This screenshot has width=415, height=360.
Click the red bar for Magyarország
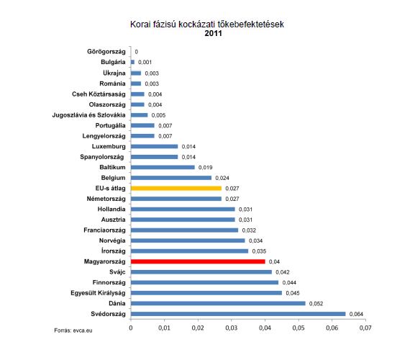pyautogui.click(x=198, y=261)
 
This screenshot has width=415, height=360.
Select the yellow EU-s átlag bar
pyautogui.click(x=176, y=189)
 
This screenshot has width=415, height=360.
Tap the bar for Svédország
pyautogui.click(x=238, y=314)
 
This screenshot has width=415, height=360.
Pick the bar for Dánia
pyautogui.click(x=218, y=303)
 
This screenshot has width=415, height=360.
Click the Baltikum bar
pyautogui.click(x=163, y=168)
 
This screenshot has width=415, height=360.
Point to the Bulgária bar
pyautogui.click(x=132, y=62)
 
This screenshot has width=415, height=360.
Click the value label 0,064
pyautogui.click(x=356, y=314)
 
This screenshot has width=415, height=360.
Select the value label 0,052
pyautogui.click(x=316, y=304)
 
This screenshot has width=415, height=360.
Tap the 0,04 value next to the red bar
pyautogui.click(x=274, y=262)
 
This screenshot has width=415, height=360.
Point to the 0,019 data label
pyautogui.click(x=206, y=168)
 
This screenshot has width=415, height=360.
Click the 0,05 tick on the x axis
pyautogui.click(x=298, y=328)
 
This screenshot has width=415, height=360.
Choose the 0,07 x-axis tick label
pyautogui.click(x=365, y=328)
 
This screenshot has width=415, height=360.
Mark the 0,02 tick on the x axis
pyautogui.click(x=198, y=328)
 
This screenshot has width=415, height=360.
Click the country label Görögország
pyautogui.click(x=106, y=52)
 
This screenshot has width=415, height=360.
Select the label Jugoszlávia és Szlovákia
pyautogui.click(x=88, y=115)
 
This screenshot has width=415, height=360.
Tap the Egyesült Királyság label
pyautogui.click(x=98, y=293)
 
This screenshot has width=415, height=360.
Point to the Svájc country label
pyautogui.click(x=117, y=272)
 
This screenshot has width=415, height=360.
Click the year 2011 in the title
pyautogui.click(x=213, y=33)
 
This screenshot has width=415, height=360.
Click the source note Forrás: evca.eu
pyautogui.click(x=73, y=330)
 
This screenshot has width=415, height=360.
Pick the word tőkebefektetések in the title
pyautogui.click(x=250, y=24)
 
